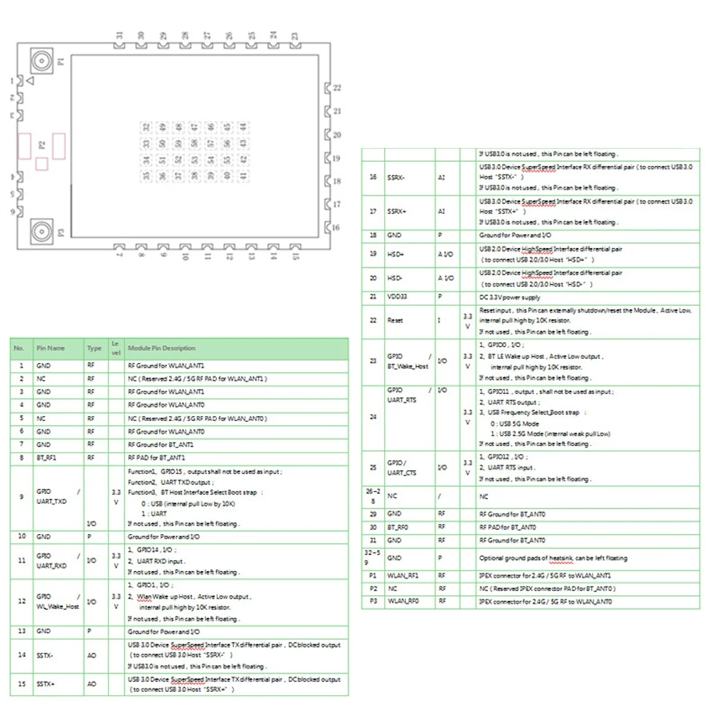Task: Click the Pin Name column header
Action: tap(50, 348)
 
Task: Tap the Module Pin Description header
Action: tap(161, 348)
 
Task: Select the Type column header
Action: tap(94, 348)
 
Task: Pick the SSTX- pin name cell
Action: tap(44, 655)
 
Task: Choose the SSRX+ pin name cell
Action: tap(396, 212)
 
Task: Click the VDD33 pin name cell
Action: tap(397, 297)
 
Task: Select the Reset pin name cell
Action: tap(395, 321)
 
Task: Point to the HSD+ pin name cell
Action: tap(395, 254)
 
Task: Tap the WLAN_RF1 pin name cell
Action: tap(402, 576)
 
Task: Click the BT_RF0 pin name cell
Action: tap(398, 527)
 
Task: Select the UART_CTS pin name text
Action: tap(402, 473)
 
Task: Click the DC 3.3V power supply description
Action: tap(510, 297)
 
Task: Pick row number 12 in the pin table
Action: tap(22, 601)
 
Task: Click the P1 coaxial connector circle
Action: tap(41, 60)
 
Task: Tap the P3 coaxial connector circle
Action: tap(41, 232)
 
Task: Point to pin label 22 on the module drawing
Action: tap(337, 88)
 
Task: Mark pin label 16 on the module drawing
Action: tap(336, 228)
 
